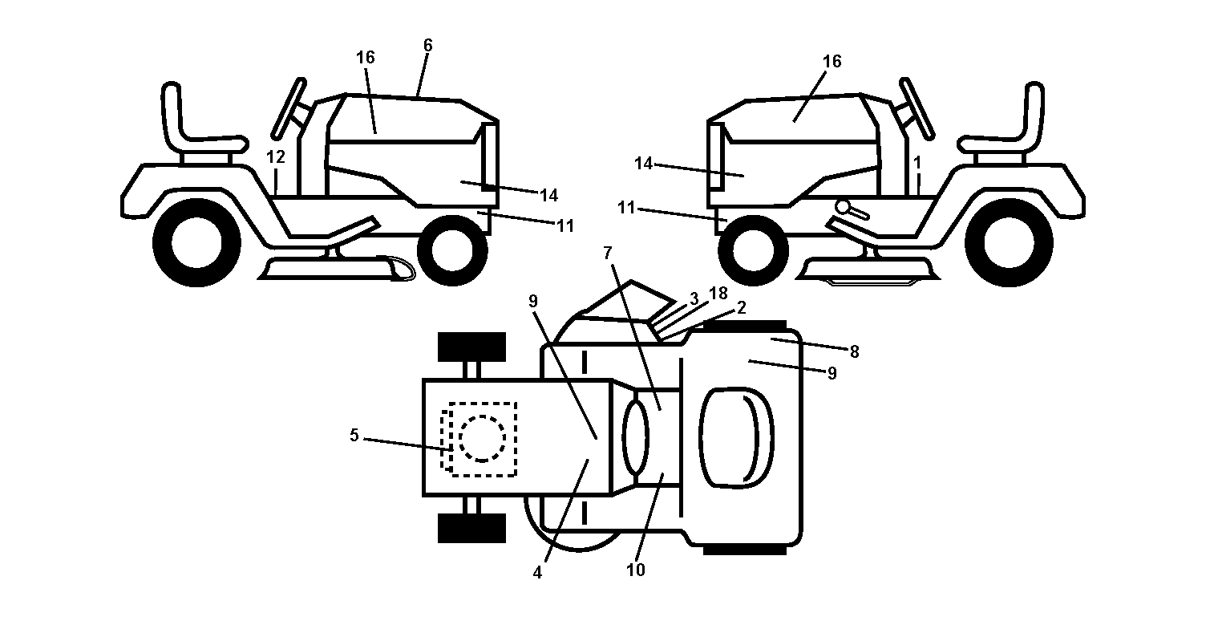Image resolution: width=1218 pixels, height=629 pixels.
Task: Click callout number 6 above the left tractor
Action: click(428, 45)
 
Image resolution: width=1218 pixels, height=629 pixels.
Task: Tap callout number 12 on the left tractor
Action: click(276, 156)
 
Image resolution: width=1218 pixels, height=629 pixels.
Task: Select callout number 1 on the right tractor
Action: click(917, 163)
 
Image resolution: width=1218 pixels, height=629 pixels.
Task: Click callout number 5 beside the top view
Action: click(354, 436)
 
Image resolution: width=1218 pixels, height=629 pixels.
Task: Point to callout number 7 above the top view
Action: click(608, 253)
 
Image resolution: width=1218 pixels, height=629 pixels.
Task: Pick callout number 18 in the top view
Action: click(718, 294)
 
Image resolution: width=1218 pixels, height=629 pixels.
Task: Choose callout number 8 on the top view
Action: click(854, 352)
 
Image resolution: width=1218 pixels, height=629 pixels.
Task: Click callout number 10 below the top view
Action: click(636, 570)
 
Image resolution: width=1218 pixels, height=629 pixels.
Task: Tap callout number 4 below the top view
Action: click(537, 572)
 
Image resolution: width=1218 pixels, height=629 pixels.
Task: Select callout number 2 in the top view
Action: click(741, 308)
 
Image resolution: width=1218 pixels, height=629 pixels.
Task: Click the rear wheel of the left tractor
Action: click(196, 242)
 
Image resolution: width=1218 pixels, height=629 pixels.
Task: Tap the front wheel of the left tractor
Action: click(452, 250)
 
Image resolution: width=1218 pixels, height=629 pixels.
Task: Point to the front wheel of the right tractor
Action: click(753, 250)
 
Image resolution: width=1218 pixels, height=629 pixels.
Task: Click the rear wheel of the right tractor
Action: click(1009, 242)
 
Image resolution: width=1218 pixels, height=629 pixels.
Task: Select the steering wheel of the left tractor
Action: click(289, 109)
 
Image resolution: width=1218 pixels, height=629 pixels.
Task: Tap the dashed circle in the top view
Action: click(482, 439)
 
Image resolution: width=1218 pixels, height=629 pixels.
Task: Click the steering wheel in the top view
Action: click(636, 438)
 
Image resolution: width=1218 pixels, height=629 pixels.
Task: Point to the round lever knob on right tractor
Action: click(844, 207)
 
